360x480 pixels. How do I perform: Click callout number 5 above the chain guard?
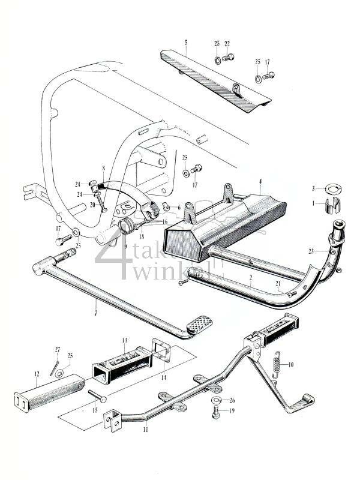coord(186,43)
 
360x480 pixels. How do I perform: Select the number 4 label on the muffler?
coord(260,181)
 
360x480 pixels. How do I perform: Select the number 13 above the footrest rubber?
coord(125,340)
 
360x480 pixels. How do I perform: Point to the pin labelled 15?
coord(97,397)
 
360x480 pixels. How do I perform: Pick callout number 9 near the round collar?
coord(125,246)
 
